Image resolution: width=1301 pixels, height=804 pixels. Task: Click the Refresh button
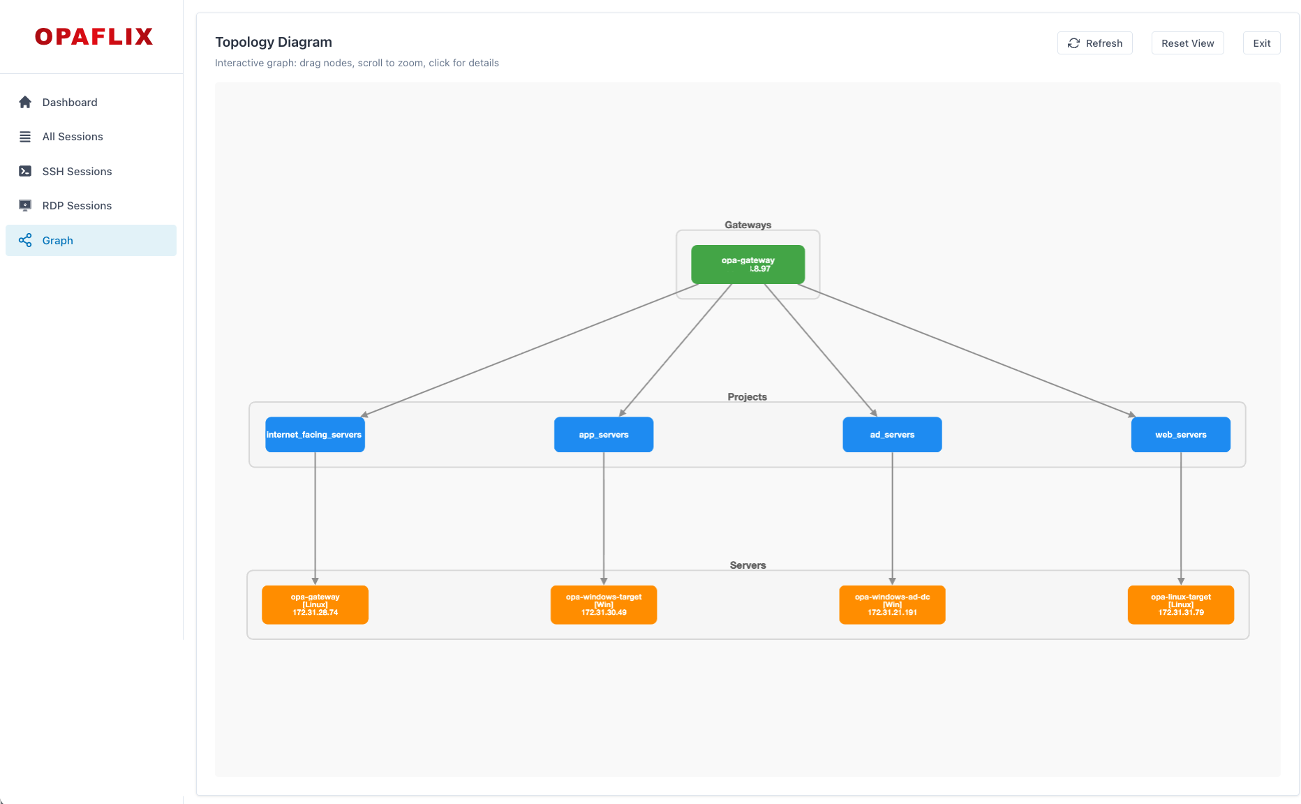tap(1094, 43)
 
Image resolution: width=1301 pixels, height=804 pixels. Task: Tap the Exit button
tap(1261, 43)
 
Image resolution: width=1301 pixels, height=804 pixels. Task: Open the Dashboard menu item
tap(70, 103)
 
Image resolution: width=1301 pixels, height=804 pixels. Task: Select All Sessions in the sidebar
tap(73, 137)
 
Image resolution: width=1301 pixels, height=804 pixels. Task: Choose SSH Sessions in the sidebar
tap(77, 172)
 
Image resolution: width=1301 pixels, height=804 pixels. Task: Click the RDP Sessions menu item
tap(77, 206)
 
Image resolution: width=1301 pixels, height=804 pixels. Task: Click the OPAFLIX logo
tap(94, 37)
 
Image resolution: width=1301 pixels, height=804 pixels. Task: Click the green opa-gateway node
tap(748, 265)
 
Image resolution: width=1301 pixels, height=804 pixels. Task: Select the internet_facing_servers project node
tap(315, 435)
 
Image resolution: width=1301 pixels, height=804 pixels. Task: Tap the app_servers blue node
tap(604, 435)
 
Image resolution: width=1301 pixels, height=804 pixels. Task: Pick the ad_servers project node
tap(892, 435)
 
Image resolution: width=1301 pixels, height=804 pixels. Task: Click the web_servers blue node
tap(1180, 435)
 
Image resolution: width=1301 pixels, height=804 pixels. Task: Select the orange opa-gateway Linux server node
tap(315, 605)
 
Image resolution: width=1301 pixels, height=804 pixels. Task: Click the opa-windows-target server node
tap(604, 605)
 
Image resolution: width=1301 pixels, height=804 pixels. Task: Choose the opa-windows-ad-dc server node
tap(892, 605)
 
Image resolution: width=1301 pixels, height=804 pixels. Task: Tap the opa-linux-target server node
tap(1180, 605)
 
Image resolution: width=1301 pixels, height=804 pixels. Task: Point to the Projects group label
tap(747, 397)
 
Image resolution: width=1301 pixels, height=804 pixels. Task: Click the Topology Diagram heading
tap(274, 43)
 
